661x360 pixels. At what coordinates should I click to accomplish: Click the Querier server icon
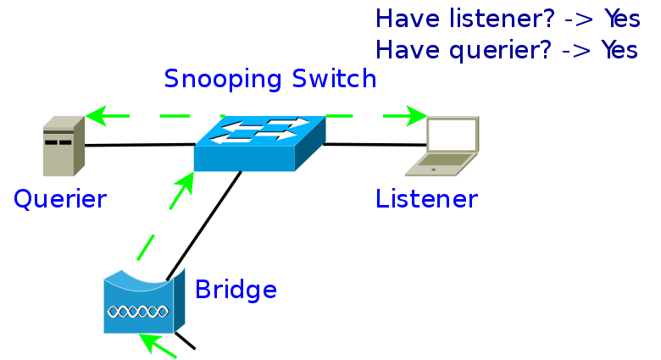(64, 146)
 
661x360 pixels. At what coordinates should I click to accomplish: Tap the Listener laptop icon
(442, 146)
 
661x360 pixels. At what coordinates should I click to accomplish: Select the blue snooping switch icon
(259, 143)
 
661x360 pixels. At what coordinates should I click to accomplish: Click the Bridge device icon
(144, 301)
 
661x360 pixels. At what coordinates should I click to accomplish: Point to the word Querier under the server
(60, 199)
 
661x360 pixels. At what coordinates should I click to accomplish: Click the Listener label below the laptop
(426, 199)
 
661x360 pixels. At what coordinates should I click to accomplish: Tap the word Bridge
(236, 290)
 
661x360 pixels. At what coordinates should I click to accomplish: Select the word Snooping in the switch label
(223, 80)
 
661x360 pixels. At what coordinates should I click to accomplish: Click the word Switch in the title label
(334, 79)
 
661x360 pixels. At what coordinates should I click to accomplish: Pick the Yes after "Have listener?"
(622, 19)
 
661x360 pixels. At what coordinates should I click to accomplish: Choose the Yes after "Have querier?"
(619, 50)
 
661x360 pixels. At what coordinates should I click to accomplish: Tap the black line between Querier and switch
(140, 145)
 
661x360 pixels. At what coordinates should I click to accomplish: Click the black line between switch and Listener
(375, 145)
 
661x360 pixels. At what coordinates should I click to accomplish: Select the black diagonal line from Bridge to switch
(203, 225)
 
